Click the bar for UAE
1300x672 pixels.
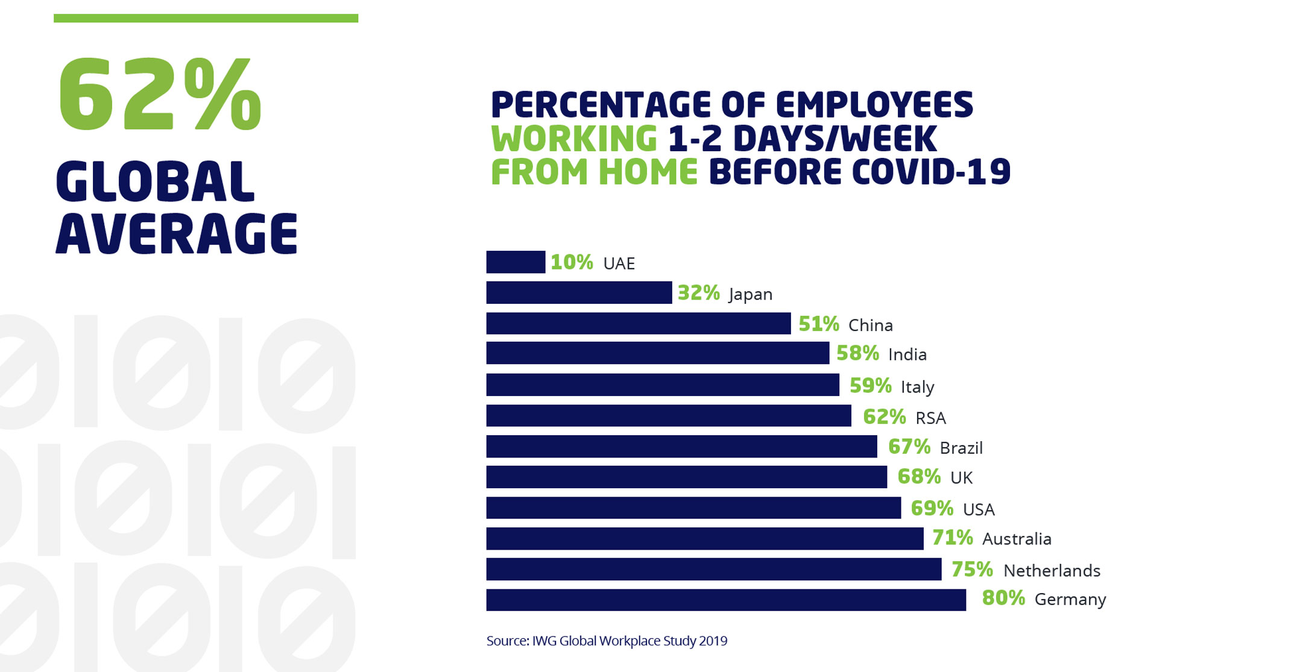[x=516, y=262]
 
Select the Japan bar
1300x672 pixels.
[x=579, y=292]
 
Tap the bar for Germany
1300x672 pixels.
[x=726, y=600]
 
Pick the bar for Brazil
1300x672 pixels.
[x=681, y=447]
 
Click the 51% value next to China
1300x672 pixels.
[x=818, y=324]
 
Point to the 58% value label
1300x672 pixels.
[x=857, y=353]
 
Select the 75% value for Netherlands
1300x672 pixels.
[x=971, y=569]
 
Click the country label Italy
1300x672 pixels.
[x=917, y=386]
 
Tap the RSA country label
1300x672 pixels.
[x=930, y=418]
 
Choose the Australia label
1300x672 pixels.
[x=1017, y=539]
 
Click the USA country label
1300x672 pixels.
[x=978, y=509]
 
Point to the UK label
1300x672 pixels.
[x=961, y=478]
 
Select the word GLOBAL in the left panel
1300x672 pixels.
[x=155, y=181]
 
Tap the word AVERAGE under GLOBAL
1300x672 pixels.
[x=176, y=234]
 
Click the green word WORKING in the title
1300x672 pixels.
[x=573, y=139]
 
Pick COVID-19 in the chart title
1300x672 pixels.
[x=931, y=172]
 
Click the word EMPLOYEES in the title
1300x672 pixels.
[x=874, y=105]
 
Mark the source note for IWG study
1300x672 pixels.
[x=607, y=641]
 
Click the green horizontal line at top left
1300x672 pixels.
[x=206, y=19]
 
